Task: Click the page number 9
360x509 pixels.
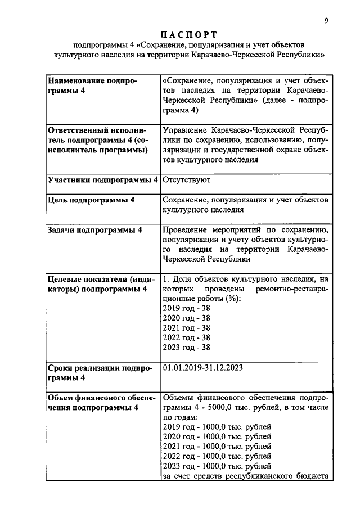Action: click(x=327, y=21)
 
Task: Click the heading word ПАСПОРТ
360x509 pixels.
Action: click(x=187, y=34)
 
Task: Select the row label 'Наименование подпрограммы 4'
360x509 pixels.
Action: click(x=93, y=86)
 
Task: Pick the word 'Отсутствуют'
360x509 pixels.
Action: click(x=186, y=181)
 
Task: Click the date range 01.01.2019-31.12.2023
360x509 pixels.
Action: click(x=202, y=368)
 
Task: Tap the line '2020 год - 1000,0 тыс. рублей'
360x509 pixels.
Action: click(x=217, y=436)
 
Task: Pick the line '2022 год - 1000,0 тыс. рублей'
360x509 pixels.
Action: click(x=217, y=456)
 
